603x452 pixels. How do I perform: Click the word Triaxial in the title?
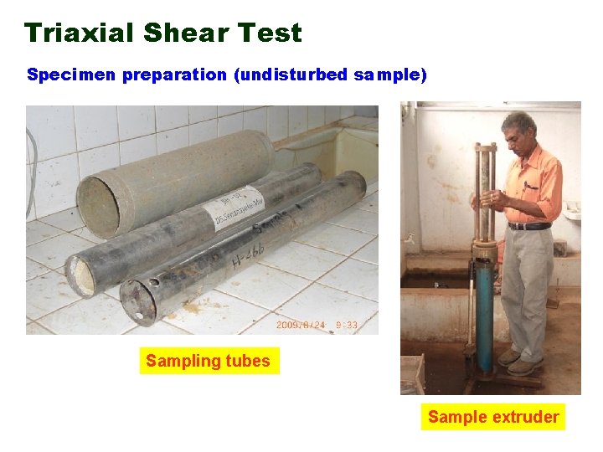[x=80, y=33]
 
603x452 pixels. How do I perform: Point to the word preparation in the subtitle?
[x=174, y=75]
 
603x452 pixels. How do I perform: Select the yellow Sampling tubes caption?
[x=208, y=362]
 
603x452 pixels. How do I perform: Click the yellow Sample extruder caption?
[x=492, y=417]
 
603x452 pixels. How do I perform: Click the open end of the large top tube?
[x=99, y=206]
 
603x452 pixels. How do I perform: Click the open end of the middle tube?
[x=82, y=277]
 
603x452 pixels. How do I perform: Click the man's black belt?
[x=529, y=226]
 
